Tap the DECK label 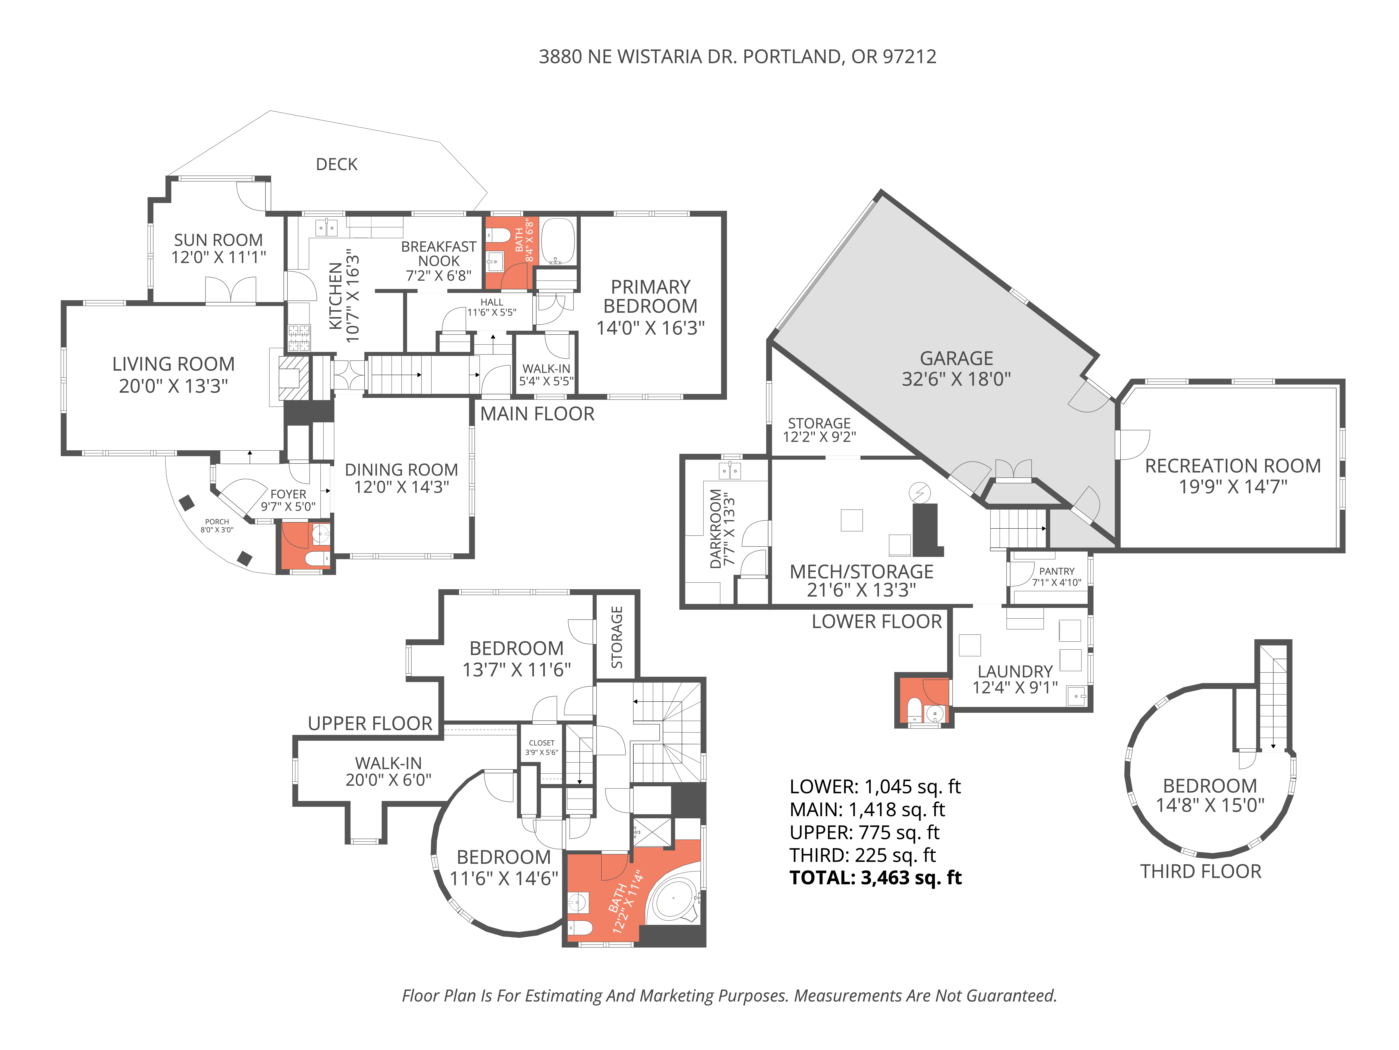point(336,164)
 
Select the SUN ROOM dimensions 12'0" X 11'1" point(218,257)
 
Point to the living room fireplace point(293,378)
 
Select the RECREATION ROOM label point(1232,466)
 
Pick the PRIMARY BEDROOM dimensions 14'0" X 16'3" point(650,328)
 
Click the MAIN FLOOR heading point(537,414)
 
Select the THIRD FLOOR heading point(1200,871)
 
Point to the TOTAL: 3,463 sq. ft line point(875,878)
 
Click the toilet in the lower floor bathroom point(914,709)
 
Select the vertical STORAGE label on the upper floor point(617,637)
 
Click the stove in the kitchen point(299,337)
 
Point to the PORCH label point(217,522)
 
